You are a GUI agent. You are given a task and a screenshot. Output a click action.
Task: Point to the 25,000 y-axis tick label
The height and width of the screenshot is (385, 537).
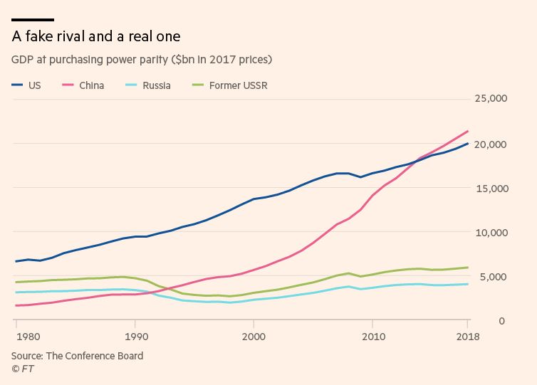click(491, 100)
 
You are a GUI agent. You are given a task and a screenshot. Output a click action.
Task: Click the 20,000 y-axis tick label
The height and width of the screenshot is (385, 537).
click(491, 144)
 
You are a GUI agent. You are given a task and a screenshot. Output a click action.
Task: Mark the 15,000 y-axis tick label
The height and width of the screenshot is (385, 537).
click(491, 189)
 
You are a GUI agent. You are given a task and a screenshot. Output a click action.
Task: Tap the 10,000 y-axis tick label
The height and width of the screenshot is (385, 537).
click(491, 233)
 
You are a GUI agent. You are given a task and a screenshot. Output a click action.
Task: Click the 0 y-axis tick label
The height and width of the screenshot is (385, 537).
click(502, 321)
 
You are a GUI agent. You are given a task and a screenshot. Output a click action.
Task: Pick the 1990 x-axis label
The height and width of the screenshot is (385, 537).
click(135, 337)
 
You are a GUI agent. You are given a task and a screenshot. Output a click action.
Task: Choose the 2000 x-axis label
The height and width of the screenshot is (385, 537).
click(254, 337)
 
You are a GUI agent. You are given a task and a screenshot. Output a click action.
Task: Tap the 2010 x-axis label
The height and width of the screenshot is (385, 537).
click(372, 337)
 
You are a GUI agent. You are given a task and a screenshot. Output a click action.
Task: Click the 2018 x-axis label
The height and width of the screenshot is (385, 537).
click(467, 337)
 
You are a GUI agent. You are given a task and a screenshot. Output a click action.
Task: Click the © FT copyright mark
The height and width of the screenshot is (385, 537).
click(22, 369)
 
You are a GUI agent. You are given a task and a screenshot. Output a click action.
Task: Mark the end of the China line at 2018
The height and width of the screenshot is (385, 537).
click(467, 131)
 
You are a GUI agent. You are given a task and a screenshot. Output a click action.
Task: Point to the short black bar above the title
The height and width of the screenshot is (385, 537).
click(33, 20)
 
